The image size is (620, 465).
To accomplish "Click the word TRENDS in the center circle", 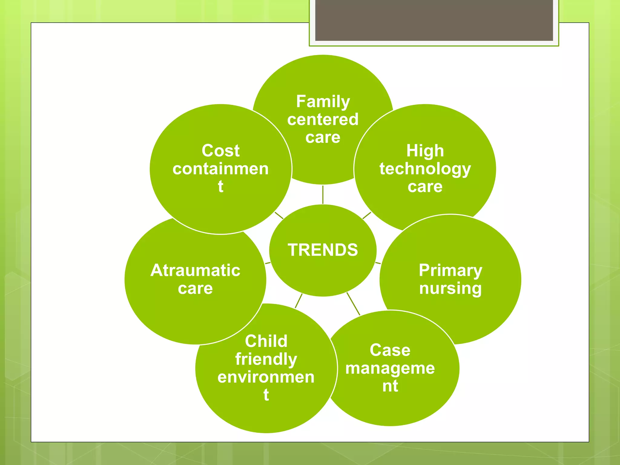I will (323, 250).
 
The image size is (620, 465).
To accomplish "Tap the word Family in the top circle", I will (323, 101).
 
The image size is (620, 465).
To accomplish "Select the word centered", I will (323, 119).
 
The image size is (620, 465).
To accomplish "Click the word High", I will (425, 151).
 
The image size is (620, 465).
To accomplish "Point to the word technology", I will (425, 169).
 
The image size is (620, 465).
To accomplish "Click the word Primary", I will (450, 270).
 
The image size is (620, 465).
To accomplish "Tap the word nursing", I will (450, 288).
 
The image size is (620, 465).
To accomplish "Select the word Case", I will (390, 350).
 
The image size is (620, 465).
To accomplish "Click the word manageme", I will (390, 368).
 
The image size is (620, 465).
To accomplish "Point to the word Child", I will (266, 341).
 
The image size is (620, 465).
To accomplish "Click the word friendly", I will (266, 359).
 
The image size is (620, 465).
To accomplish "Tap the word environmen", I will (266, 377).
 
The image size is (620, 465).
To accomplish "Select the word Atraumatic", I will (195, 270).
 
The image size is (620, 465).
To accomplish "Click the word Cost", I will (221, 151).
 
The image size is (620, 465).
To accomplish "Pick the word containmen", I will (221, 169).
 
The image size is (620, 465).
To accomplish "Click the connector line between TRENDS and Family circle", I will (323, 195).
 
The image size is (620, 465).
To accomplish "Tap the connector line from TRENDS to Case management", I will (353, 304).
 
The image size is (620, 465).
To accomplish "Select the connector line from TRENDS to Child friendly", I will (298, 301).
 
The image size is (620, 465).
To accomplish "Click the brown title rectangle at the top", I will (434, 20).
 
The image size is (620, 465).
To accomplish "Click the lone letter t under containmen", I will (221, 186).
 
